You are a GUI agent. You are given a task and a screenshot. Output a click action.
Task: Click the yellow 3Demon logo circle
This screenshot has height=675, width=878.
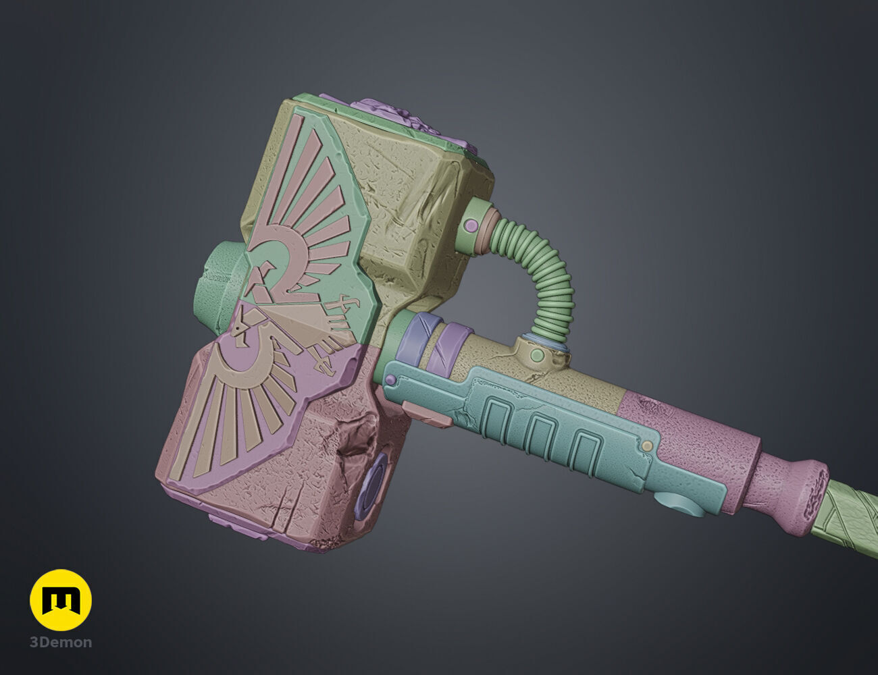[61, 600]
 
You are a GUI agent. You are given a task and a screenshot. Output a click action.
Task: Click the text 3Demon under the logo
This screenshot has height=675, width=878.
[61, 642]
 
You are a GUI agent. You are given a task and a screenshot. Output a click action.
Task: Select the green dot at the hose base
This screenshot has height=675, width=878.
[537, 355]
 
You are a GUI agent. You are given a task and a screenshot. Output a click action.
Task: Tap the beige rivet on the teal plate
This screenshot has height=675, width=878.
[648, 446]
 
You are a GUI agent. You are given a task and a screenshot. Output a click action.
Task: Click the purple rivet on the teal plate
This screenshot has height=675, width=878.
[391, 381]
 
